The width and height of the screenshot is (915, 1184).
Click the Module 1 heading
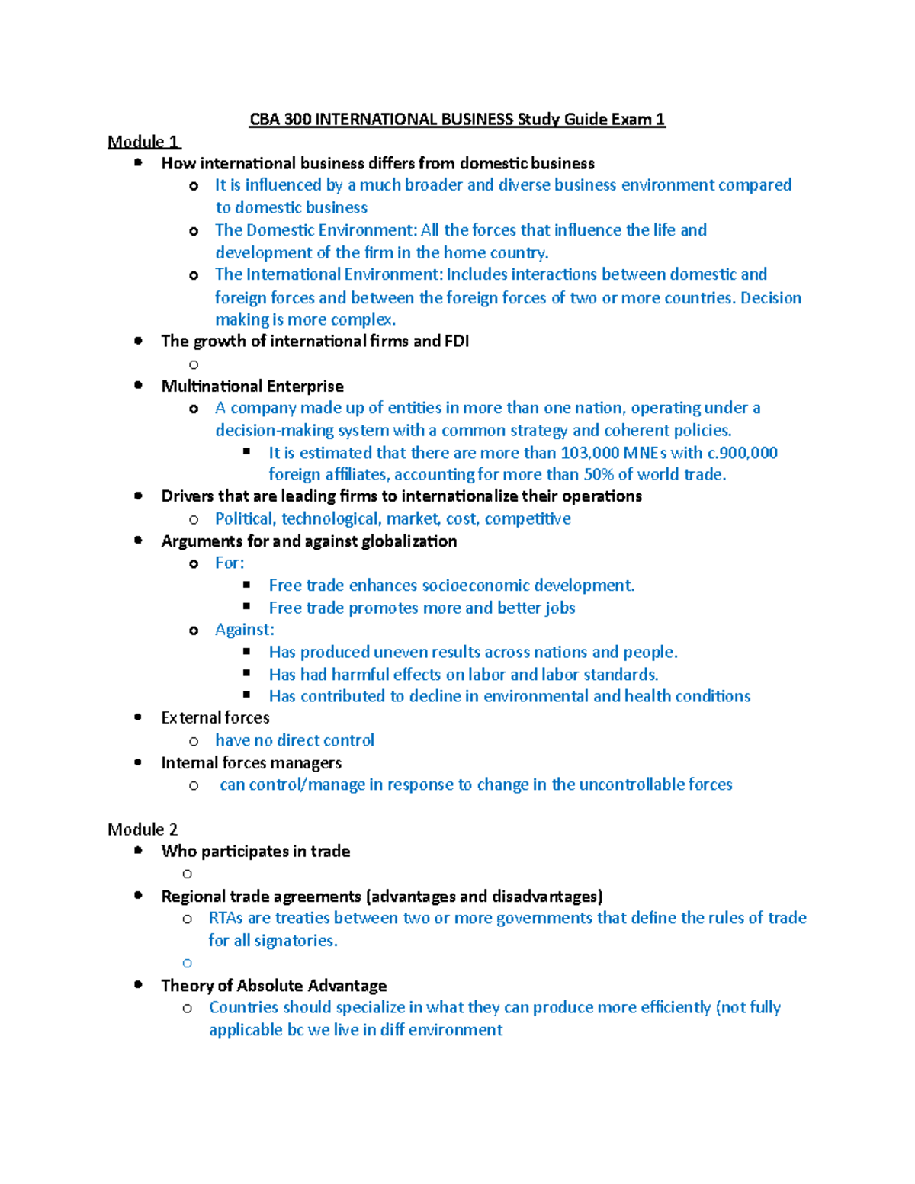coord(143,142)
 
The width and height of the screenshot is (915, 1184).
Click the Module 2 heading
coord(143,829)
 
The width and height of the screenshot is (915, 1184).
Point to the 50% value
coord(599,475)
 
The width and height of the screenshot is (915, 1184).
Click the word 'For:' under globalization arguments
coord(230,563)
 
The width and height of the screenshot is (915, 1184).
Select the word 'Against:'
coord(245,630)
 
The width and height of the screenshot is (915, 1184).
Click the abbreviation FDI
coord(457,342)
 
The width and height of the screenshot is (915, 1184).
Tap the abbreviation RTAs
coord(226,918)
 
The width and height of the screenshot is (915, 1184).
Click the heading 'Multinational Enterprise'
coord(252,387)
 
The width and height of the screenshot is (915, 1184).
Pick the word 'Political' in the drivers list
coord(244,519)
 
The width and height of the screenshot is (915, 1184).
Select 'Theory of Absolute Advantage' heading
coord(274,986)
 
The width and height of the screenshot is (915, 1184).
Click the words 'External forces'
coord(215,718)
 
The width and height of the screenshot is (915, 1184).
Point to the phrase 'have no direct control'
coord(294,740)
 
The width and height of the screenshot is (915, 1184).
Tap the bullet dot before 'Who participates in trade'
coord(138,851)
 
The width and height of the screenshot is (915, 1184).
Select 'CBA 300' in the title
coord(280,120)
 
